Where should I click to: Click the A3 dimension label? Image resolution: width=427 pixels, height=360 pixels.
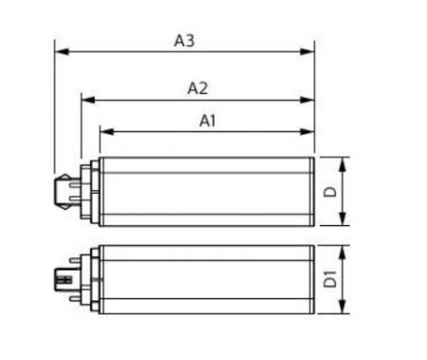[184, 41]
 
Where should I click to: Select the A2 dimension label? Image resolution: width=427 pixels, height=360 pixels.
[197, 88]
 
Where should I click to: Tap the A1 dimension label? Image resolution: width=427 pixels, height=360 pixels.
[208, 121]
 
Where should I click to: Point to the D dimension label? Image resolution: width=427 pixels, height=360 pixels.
[331, 192]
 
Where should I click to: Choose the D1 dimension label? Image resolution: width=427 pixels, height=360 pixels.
[331, 278]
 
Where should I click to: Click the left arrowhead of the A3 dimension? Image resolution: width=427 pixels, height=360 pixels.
[62, 51]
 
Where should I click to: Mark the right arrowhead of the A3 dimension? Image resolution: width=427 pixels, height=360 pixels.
[307, 51]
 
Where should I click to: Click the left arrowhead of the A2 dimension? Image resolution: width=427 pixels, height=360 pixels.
[88, 100]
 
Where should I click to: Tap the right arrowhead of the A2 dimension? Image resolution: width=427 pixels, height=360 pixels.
[307, 100]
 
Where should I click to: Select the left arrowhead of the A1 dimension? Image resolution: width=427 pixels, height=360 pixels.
[106, 131]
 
